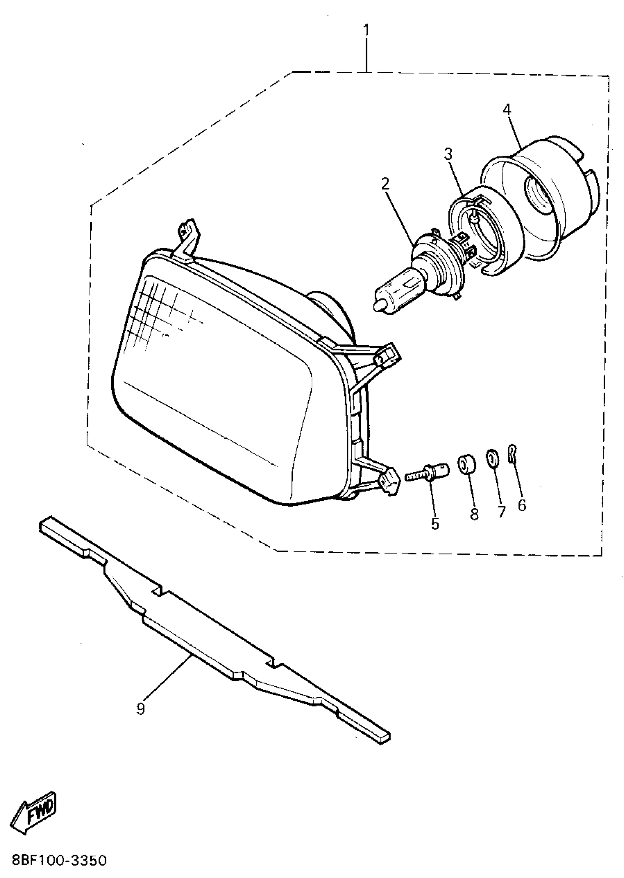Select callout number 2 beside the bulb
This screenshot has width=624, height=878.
pyautogui.click(x=385, y=184)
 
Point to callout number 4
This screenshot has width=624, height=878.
pyautogui.click(x=507, y=109)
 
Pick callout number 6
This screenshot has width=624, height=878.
pyautogui.click(x=522, y=505)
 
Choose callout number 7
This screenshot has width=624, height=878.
pyautogui.click(x=501, y=511)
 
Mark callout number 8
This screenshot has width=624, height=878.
pyautogui.click(x=475, y=514)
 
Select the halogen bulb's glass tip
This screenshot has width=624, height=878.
pyautogui.click(x=378, y=306)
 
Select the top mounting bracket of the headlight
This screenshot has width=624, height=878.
pyautogui.click(x=188, y=238)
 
